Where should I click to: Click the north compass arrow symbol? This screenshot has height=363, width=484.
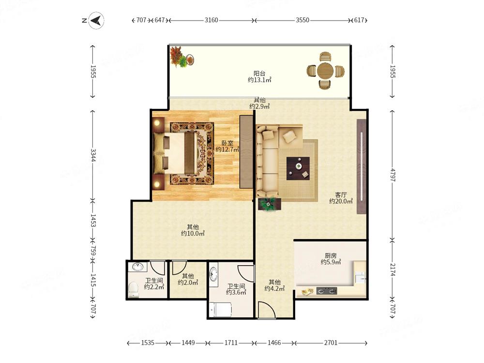96,21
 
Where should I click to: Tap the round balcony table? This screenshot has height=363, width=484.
325,71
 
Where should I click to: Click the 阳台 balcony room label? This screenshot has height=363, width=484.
259,74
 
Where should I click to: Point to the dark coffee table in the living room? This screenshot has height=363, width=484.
298,168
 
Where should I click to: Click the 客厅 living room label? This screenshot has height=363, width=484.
341,195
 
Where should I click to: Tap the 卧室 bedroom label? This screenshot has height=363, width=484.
227,143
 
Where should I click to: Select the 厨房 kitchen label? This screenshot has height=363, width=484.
331,256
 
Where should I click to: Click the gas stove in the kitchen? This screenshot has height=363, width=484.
327,290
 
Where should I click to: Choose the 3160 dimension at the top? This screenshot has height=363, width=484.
211,20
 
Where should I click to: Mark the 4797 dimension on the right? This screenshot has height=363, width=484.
393,175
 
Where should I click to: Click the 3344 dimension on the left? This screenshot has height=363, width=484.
93,155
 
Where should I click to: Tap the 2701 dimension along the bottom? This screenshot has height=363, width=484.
331,343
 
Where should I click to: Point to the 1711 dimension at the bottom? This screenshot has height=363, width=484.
231,343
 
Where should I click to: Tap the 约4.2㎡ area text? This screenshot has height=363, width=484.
274,288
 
